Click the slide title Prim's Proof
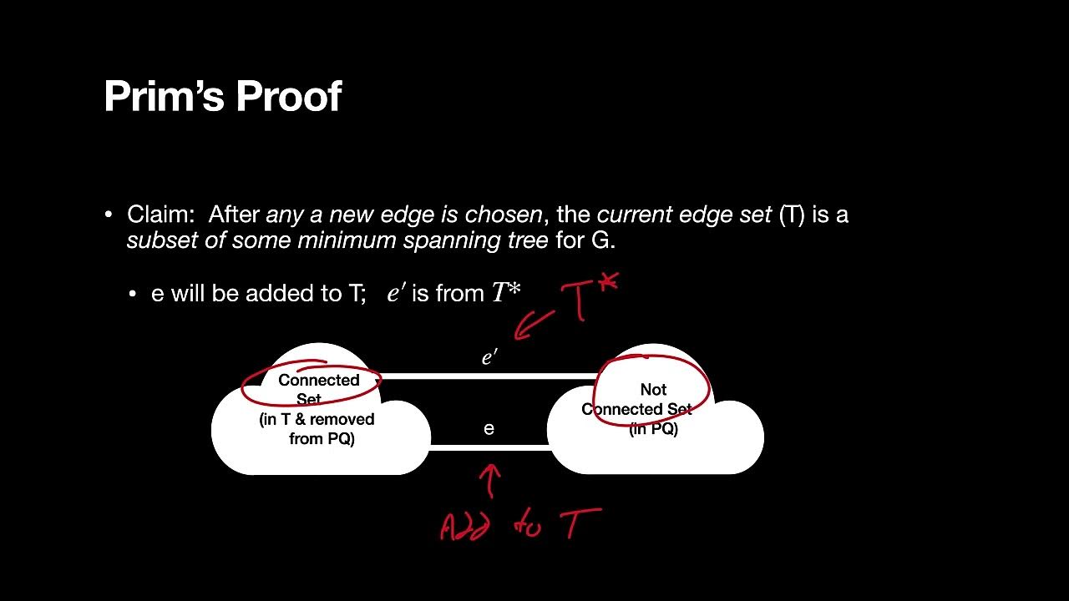(x=222, y=97)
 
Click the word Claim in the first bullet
(x=160, y=215)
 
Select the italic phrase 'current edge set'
(x=684, y=215)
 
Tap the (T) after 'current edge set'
(x=792, y=215)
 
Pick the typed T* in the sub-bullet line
(x=506, y=293)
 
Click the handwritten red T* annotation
(x=589, y=296)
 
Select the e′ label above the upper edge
(x=489, y=358)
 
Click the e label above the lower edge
(x=489, y=429)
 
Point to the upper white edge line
(x=489, y=376)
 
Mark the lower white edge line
(x=489, y=447)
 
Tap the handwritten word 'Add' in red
(x=464, y=526)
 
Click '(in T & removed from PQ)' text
(x=317, y=429)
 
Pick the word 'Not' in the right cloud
(x=653, y=389)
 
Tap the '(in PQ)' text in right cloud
(x=653, y=429)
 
